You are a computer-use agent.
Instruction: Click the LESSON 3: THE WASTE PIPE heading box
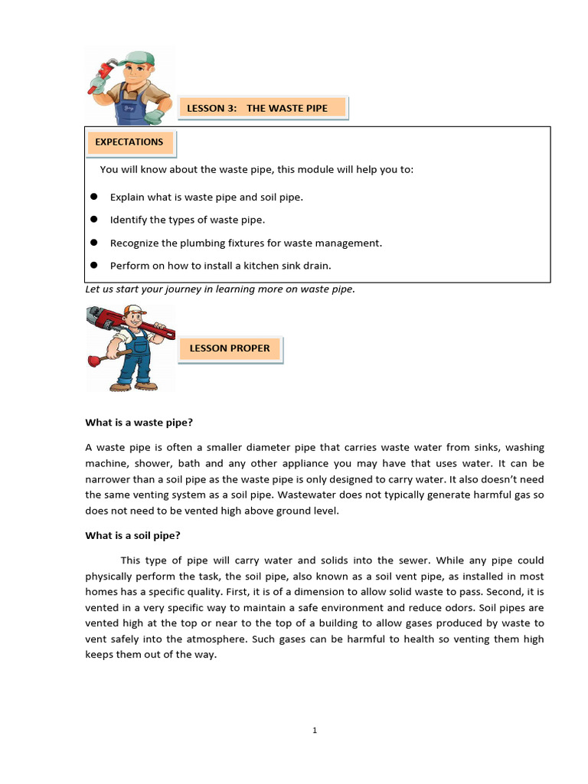263,108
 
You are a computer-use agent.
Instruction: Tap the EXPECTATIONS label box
130,142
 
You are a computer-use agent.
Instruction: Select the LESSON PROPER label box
230,348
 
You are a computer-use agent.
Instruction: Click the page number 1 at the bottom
315,730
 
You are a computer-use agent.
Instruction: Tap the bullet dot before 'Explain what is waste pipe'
93,197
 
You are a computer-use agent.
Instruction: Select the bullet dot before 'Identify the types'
93,220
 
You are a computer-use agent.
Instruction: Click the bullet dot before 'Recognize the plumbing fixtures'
93,243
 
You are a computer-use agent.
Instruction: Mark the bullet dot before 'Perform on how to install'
93,266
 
